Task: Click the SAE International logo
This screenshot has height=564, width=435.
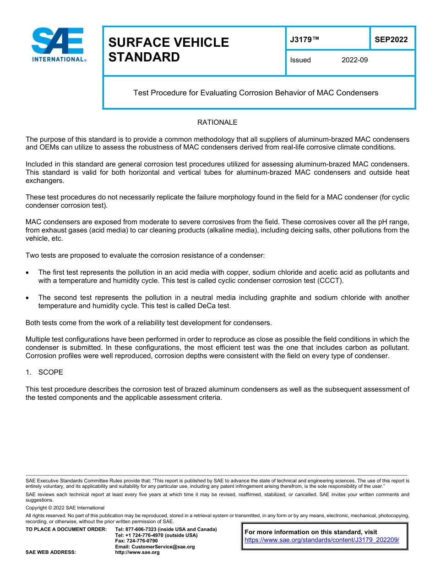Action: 59,44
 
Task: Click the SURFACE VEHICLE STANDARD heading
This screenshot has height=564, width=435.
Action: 168,50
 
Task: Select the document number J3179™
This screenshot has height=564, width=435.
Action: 304,40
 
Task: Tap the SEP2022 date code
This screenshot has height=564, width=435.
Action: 391,40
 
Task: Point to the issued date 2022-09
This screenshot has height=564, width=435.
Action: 354,60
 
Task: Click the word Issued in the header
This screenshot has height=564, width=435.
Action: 300,60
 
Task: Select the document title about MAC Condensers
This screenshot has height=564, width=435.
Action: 256,93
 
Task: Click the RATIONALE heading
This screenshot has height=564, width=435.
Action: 217,122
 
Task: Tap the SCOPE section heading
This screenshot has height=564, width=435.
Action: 50,372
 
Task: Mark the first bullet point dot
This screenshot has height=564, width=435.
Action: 28,272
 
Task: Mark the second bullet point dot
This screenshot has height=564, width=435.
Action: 28,298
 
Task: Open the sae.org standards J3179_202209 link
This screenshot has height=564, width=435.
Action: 322,540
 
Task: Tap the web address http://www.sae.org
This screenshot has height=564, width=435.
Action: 137,553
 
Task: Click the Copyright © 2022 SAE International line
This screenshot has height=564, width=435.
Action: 65,508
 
